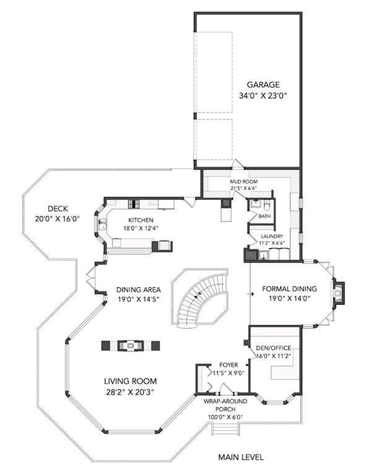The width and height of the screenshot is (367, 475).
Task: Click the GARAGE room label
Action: click(x=263, y=85)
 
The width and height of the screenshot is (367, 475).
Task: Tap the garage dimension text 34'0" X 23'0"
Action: click(x=263, y=96)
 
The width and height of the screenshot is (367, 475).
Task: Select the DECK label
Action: click(x=58, y=208)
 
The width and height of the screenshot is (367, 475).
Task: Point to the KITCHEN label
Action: click(x=140, y=220)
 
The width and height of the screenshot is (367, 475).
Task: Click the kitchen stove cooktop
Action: click(x=133, y=204)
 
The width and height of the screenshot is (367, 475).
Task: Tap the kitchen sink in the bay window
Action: click(x=102, y=225)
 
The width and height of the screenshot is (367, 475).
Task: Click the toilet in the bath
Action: click(x=267, y=205)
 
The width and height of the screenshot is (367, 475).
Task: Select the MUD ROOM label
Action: click(x=244, y=182)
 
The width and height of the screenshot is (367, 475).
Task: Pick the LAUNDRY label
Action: click(x=272, y=236)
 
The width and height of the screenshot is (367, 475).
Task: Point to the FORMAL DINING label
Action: click(x=290, y=289)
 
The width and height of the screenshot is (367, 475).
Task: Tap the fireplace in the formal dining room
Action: click(x=339, y=293)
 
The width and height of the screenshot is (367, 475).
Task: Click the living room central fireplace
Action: click(x=131, y=346)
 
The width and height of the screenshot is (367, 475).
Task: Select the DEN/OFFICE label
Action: click(x=274, y=348)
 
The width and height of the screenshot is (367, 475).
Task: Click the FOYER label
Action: click(x=228, y=365)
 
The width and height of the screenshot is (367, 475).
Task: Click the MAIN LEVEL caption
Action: click(x=241, y=457)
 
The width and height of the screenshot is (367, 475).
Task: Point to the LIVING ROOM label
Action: click(x=131, y=381)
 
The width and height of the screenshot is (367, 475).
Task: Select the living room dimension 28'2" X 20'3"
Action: click(x=131, y=392)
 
